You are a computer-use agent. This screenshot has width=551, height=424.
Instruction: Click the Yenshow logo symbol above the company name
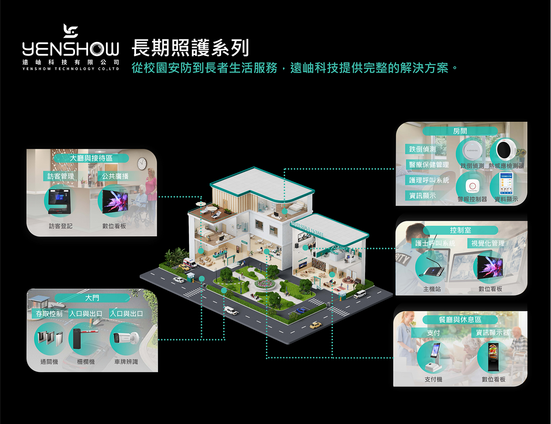[x=71, y=31]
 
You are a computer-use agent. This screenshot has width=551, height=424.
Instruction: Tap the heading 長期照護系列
[x=190, y=47]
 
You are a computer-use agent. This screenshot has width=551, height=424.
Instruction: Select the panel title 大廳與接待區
[x=91, y=158]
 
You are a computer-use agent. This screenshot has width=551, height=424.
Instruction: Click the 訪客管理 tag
[x=61, y=176]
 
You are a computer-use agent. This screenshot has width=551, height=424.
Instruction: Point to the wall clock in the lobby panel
[x=142, y=163]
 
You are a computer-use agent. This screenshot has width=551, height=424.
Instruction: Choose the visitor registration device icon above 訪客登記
[x=59, y=201]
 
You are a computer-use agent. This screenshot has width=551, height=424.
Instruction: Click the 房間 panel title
[x=460, y=131]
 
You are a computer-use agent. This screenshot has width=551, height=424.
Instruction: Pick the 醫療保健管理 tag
[x=429, y=165]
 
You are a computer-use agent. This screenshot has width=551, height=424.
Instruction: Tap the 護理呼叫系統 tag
[x=429, y=180]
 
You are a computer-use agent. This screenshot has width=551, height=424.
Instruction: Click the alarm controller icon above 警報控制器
[x=472, y=186]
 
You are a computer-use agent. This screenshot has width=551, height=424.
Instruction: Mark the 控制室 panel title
[x=460, y=230]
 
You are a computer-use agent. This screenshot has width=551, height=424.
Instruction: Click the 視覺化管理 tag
[x=488, y=243]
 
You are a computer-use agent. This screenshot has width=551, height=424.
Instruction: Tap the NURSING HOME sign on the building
[x=307, y=229]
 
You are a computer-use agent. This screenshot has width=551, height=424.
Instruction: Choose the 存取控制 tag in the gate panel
[x=49, y=314]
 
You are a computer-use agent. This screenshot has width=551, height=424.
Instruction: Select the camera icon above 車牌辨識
[x=126, y=338]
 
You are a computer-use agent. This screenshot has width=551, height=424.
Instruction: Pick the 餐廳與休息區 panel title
[x=460, y=320]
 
